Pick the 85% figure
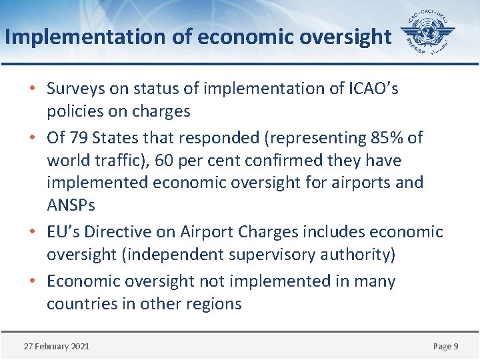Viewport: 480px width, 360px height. pyautogui.click(x=385, y=137)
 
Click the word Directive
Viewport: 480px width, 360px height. pyautogui.click(x=118, y=232)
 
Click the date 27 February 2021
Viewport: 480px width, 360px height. pyautogui.click(x=57, y=346)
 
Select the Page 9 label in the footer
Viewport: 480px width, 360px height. pyautogui.click(x=445, y=346)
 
